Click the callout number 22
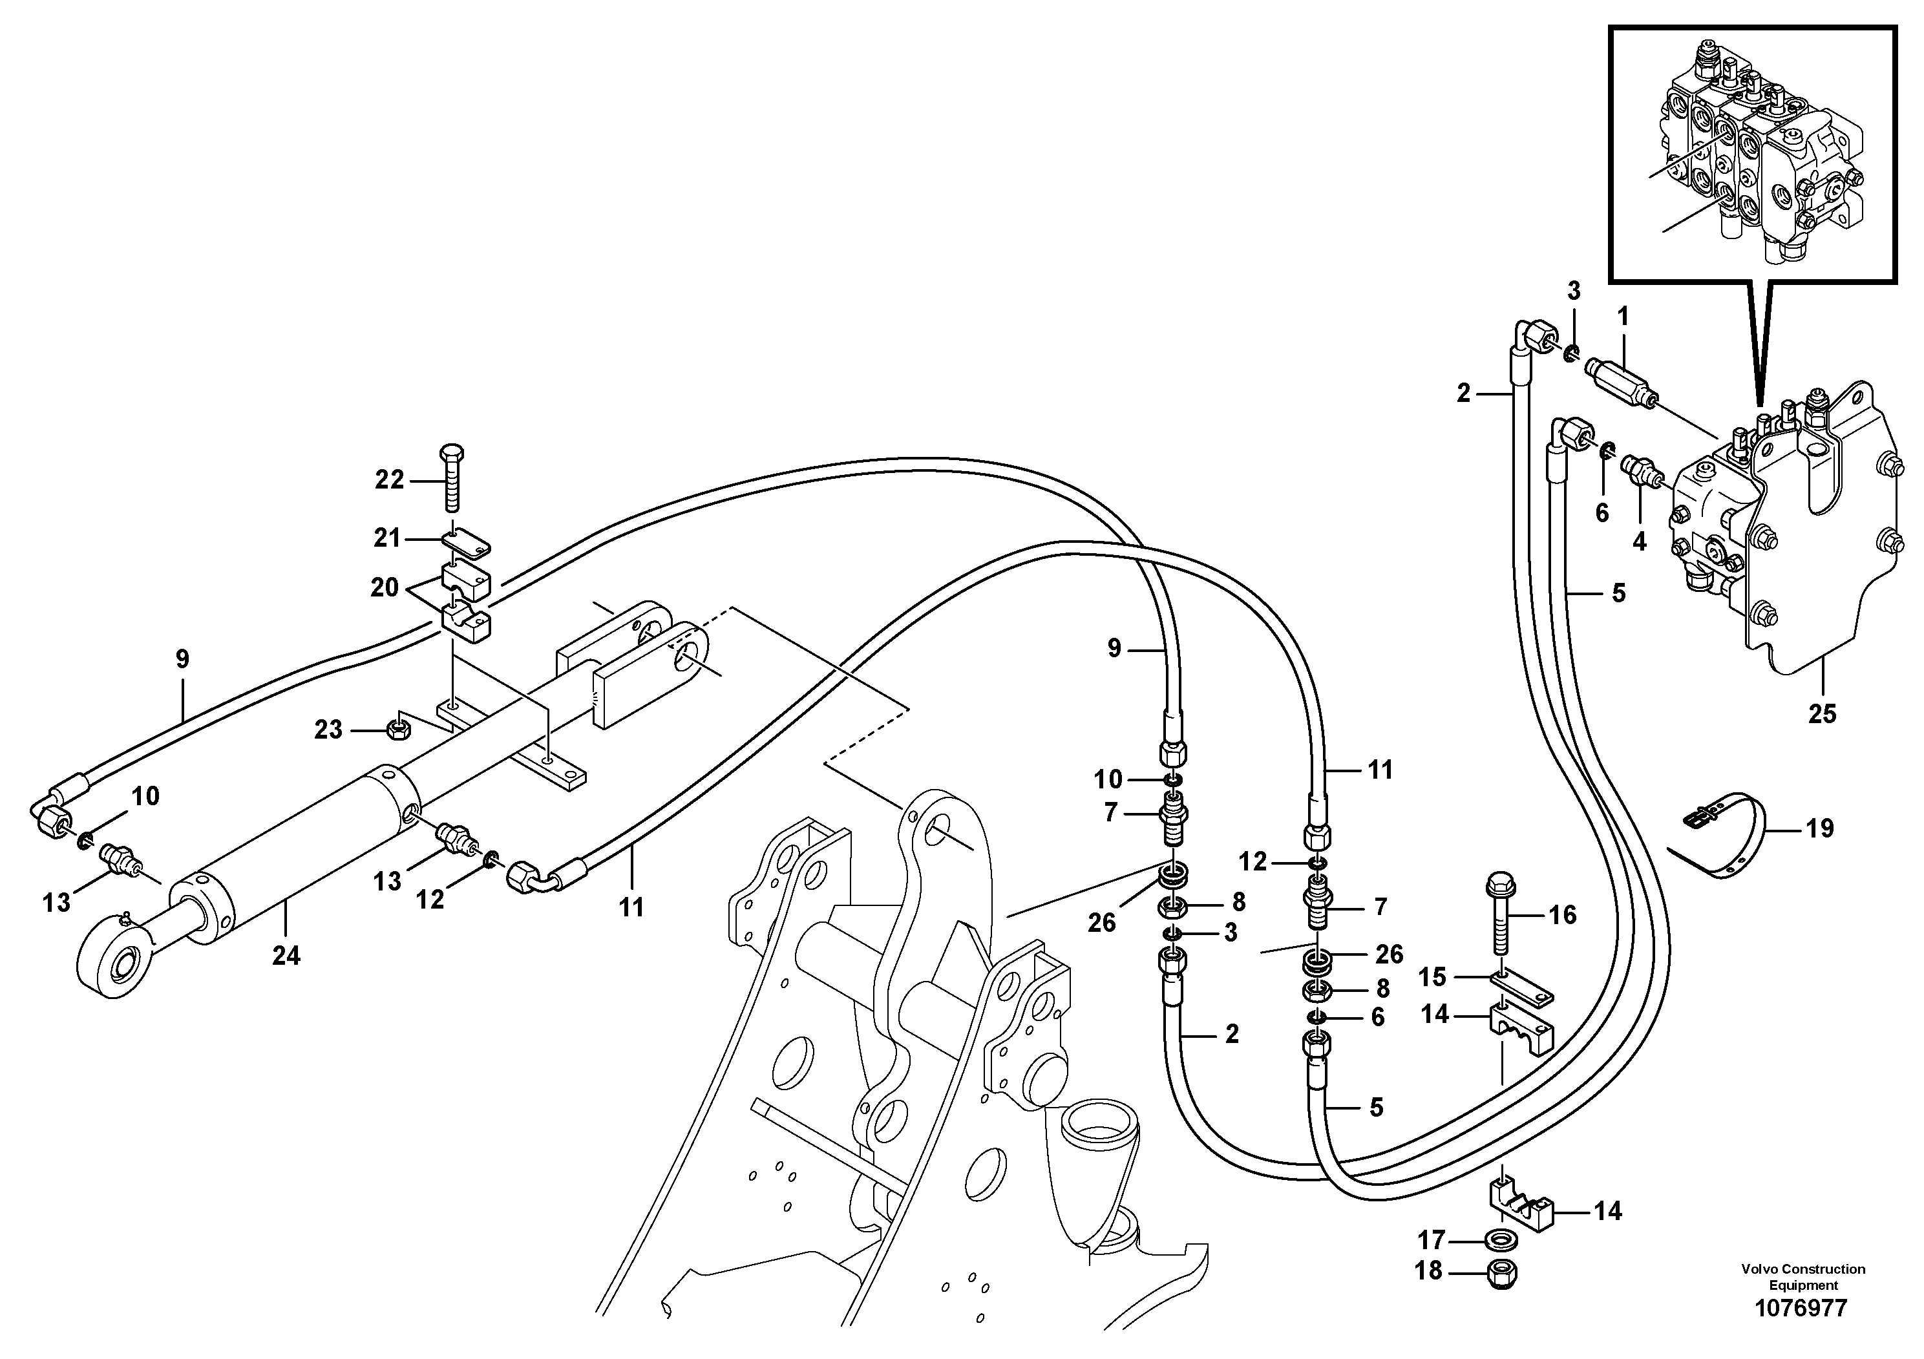(x=389, y=480)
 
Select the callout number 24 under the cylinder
(x=286, y=955)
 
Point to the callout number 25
(x=1822, y=714)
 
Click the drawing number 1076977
(x=1802, y=1308)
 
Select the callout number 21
(x=387, y=538)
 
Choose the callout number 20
(x=385, y=587)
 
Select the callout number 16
(x=1563, y=914)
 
